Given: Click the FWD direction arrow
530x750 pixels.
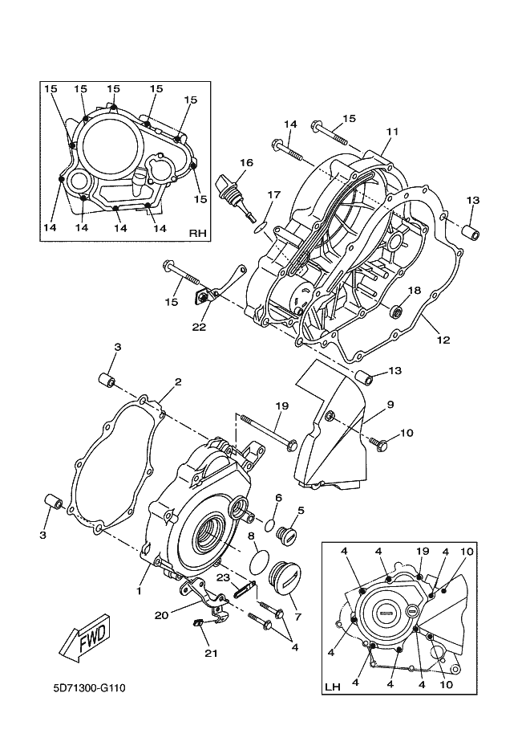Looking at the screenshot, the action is pyautogui.click(x=86, y=639).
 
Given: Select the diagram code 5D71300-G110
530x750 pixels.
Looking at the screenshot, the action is pyautogui.click(x=89, y=688).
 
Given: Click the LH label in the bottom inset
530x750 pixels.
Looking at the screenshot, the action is pyautogui.click(x=333, y=687).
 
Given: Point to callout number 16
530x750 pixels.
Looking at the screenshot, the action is pyautogui.click(x=246, y=163).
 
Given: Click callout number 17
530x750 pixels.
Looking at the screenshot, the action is pyautogui.click(x=273, y=194).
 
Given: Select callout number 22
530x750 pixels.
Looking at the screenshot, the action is pyautogui.click(x=199, y=327).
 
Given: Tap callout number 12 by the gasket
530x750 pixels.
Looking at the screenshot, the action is pyautogui.click(x=443, y=340).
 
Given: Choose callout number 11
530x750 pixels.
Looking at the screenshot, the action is pyautogui.click(x=392, y=131).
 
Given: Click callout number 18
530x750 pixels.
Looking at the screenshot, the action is pyautogui.click(x=415, y=291).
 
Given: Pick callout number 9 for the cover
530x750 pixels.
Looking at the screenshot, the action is pyautogui.click(x=390, y=404).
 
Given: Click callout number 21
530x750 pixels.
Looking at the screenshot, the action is pyautogui.click(x=211, y=654).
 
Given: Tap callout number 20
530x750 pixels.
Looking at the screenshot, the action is pyautogui.click(x=161, y=615).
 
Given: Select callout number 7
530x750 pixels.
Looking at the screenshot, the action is pyautogui.click(x=298, y=617).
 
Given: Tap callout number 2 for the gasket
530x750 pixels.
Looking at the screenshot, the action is pyautogui.click(x=178, y=381).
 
